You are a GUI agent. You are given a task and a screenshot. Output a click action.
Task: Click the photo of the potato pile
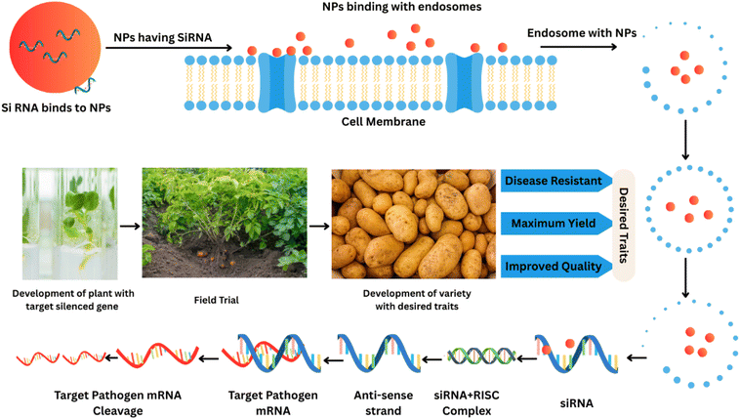pos(410,224)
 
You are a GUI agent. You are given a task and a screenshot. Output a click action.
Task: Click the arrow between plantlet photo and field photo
pos(128,225)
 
